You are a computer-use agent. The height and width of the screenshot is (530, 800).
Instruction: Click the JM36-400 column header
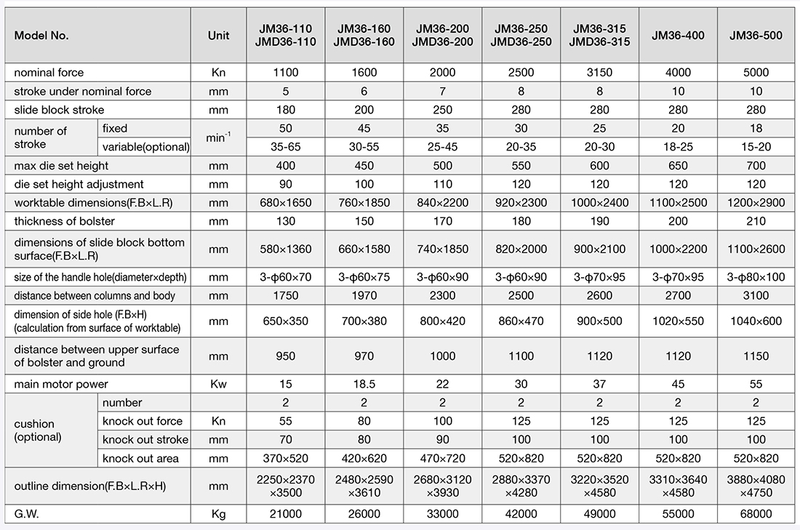tap(678, 35)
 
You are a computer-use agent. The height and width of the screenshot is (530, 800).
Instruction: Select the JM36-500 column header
tap(756, 35)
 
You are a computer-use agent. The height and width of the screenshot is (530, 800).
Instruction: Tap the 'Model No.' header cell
tap(41, 36)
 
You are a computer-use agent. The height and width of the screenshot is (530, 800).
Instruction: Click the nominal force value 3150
tap(599, 73)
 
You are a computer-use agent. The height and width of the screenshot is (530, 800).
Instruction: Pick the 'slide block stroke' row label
tap(59, 110)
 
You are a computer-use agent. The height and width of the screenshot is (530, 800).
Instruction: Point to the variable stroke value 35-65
tap(286, 147)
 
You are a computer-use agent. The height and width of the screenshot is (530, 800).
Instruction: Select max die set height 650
tap(678, 166)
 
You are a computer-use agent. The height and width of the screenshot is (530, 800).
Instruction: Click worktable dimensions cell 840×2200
tap(442, 203)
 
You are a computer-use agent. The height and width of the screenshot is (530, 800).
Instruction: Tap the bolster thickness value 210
tap(756, 222)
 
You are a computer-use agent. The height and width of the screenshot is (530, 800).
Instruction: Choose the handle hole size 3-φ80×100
tap(756, 277)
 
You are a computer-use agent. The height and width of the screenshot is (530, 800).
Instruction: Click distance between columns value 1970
tap(364, 296)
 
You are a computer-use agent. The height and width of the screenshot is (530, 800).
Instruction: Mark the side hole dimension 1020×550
tap(678, 321)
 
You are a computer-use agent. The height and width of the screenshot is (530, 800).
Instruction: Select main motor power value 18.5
tap(364, 384)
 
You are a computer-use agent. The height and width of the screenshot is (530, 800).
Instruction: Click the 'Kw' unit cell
tap(218, 384)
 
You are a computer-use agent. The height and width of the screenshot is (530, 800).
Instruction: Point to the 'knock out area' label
tap(140, 459)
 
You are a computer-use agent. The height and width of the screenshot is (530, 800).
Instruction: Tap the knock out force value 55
tap(286, 421)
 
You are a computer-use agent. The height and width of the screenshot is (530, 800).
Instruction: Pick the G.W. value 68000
tap(756, 514)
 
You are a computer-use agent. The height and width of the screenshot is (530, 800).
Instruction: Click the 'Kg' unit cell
tap(218, 514)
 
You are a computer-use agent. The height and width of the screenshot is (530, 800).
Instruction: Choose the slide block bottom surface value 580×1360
tap(286, 249)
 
